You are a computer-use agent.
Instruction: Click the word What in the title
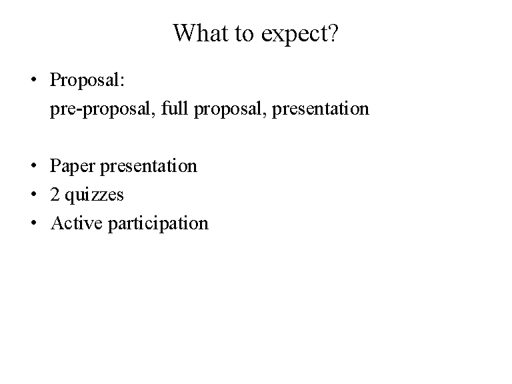200,33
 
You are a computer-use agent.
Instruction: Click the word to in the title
244,34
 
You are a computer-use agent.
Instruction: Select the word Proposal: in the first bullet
87,80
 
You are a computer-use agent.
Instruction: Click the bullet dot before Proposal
33,79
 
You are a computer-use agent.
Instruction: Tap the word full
175,108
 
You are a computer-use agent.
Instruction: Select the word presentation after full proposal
321,109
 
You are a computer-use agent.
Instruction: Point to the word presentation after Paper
149,167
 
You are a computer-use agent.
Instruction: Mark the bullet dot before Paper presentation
33,165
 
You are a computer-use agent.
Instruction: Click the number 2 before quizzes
55,194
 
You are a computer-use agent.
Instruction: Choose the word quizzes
95,195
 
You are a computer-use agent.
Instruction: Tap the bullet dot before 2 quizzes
33,194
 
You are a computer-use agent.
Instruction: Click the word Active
77,223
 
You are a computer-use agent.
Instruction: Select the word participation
158,224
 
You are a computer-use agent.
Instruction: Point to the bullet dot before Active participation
33,223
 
